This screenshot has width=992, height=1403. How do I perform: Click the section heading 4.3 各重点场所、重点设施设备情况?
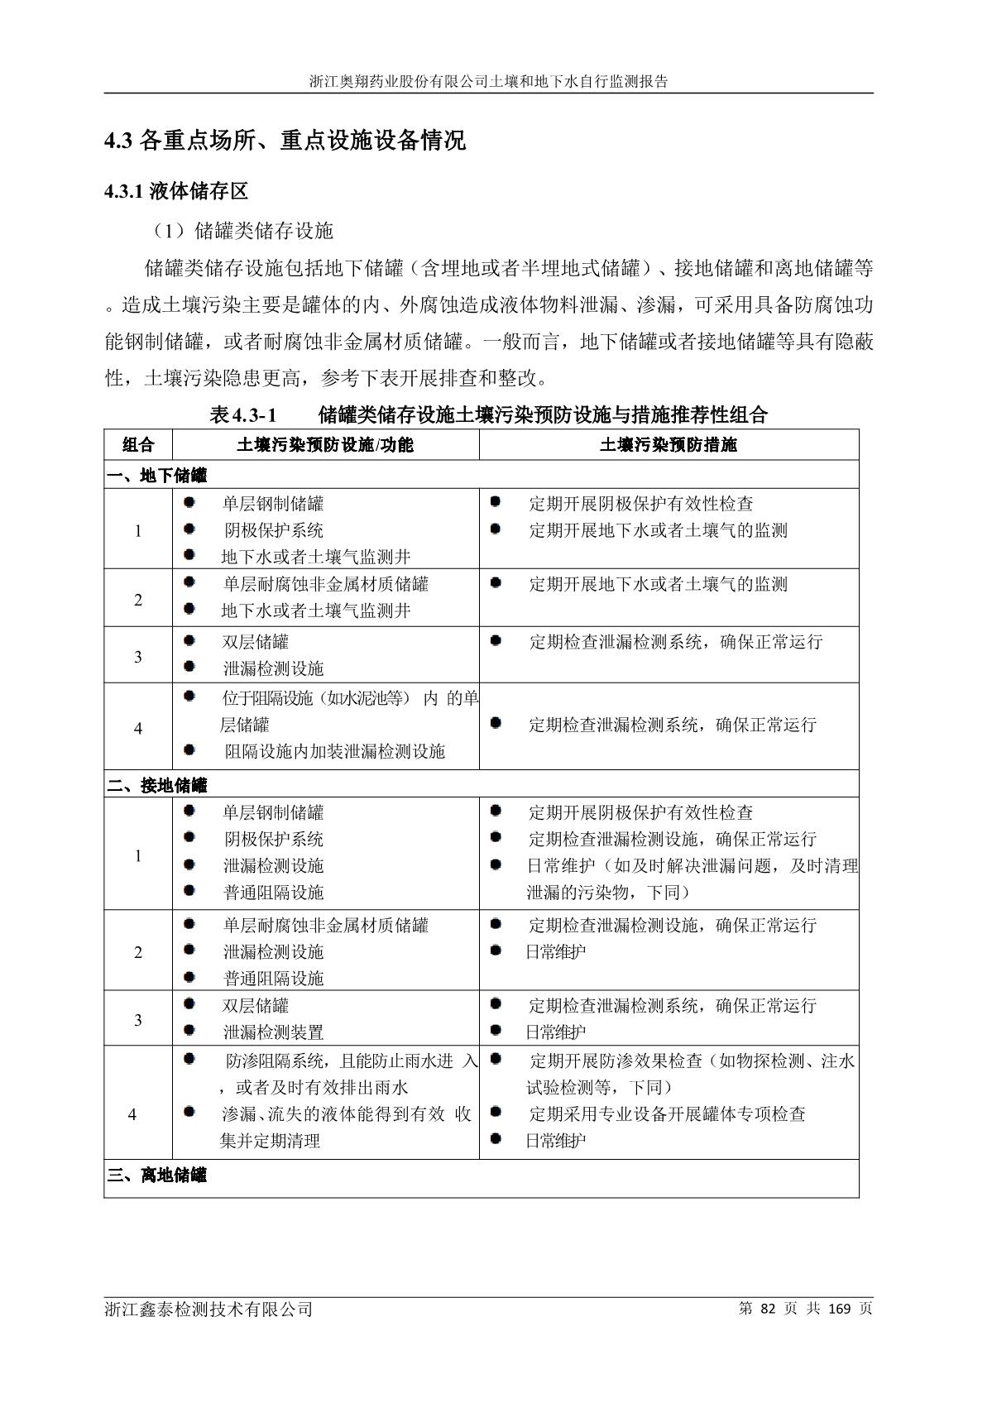(x=285, y=141)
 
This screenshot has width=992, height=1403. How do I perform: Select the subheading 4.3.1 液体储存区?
(x=176, y=192)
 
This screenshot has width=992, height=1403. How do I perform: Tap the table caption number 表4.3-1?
(x=242, y=415)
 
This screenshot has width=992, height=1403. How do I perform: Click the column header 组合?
(x=138, y=445)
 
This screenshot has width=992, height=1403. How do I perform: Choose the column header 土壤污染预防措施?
(x=669, y=445)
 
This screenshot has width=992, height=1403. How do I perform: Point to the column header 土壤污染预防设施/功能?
(x=325, y=445)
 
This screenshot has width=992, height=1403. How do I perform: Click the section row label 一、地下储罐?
(x=157, y=476)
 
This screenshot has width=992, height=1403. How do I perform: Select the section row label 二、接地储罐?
(x=157, y=785)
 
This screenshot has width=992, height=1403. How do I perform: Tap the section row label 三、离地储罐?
(x=157, y=1175)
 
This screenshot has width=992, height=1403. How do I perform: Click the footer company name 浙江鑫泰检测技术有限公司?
(x=208, y=1310)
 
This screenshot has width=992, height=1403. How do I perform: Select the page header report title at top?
(x=489, y=82)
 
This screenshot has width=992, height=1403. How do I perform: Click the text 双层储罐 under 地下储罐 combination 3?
(x=256, y=642)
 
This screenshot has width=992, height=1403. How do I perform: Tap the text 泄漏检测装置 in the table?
(x=273, y=1032)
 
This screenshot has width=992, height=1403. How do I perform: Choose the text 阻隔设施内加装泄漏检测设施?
(x=334, y=751)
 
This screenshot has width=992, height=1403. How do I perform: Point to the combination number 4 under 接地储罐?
(x=132, y=1115)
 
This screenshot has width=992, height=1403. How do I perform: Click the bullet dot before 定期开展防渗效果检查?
(x=496, y=1059)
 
